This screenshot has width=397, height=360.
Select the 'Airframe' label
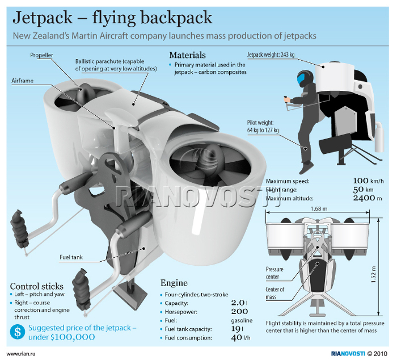coord(23,81)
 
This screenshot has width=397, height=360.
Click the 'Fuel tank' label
coord(71,257)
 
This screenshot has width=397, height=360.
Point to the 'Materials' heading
coord(187,55)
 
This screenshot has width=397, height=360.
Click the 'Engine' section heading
coord(174,283)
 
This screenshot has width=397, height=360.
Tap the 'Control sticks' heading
coord(37,286)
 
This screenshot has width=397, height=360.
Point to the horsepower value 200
coord(239,311)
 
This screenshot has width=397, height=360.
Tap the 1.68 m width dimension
coord(319,209)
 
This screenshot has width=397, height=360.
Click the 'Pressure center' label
coord(275,273)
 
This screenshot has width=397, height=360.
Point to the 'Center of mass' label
coord(275,293)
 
